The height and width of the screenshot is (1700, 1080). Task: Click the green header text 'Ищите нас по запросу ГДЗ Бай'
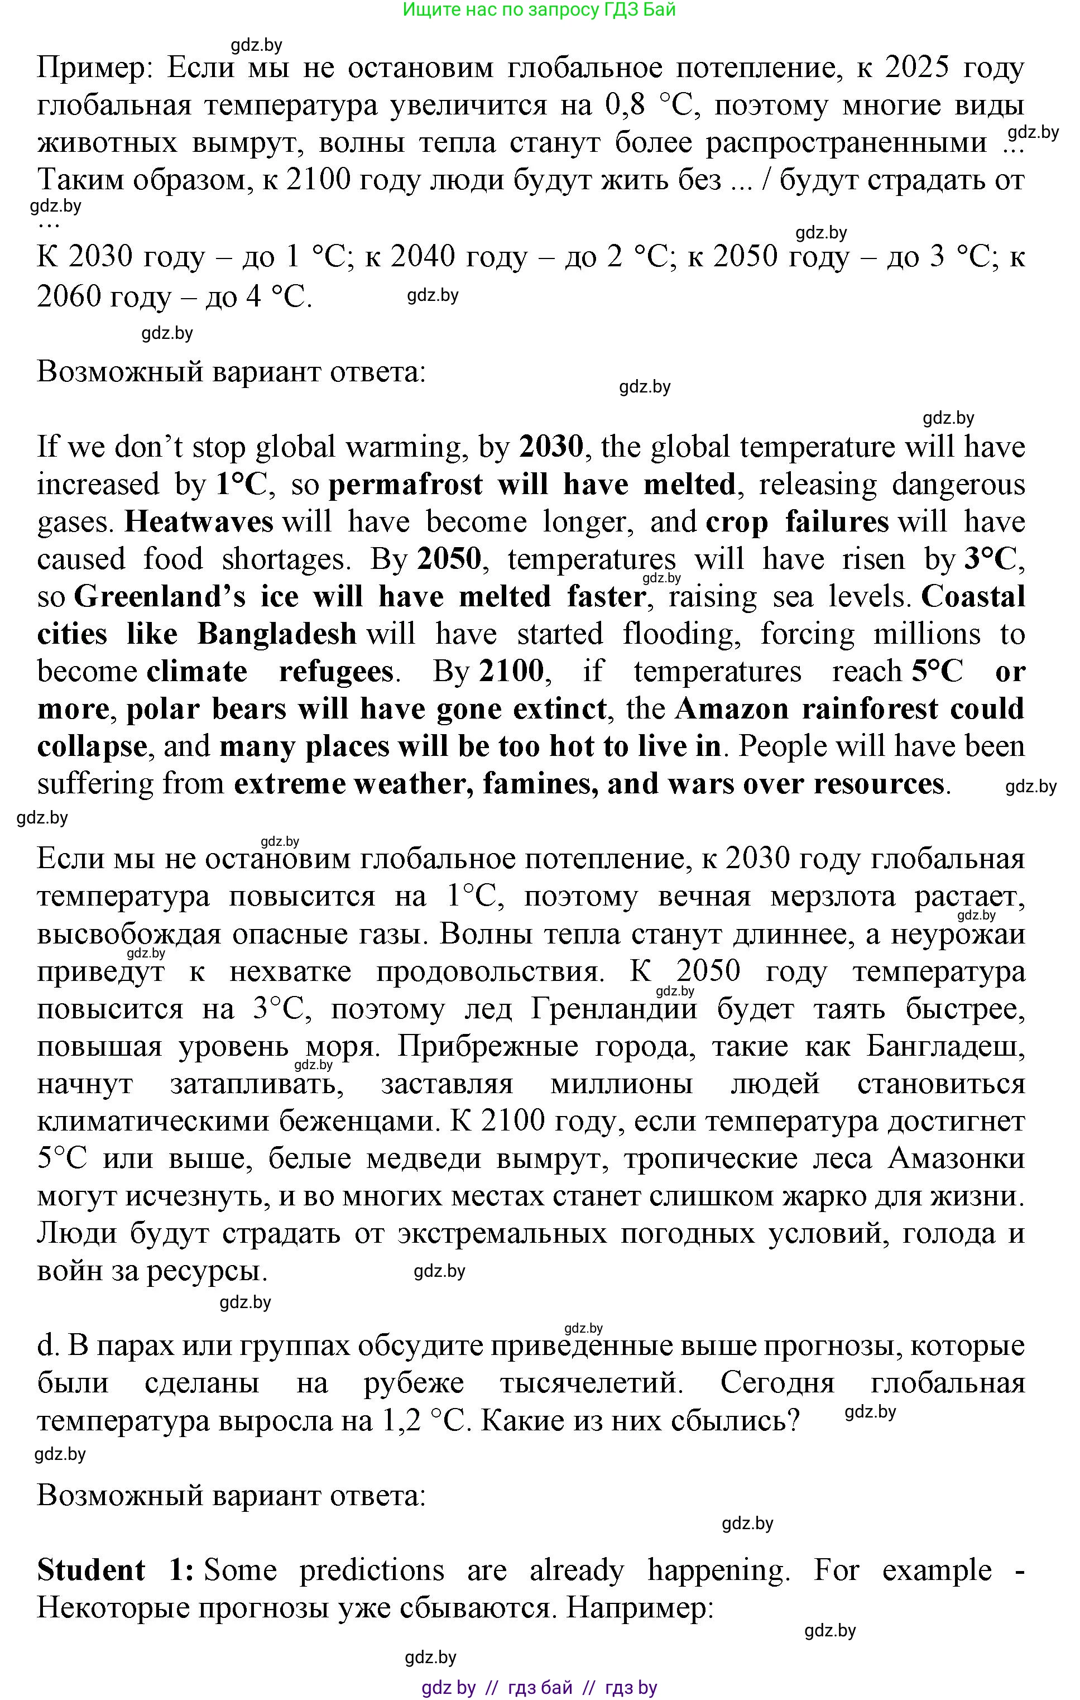pos(539,10)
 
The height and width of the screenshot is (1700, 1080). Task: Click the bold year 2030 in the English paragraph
pos(551,447)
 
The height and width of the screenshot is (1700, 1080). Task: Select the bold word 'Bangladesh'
pos(277,634)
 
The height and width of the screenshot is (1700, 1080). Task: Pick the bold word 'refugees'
pos(336,672)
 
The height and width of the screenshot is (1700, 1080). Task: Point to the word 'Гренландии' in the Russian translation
pos(613,1009)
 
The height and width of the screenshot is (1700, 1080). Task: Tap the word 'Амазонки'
pos(957,1158)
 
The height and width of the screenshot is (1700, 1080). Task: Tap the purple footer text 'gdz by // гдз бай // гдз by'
pos(539,1688)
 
